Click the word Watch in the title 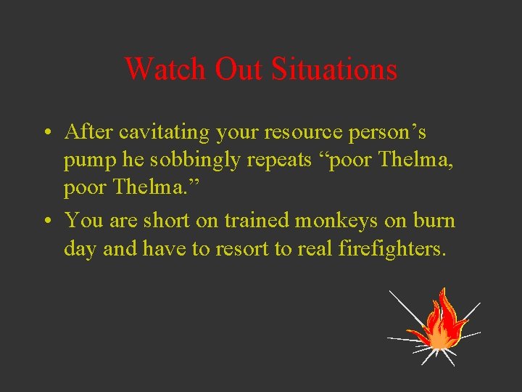pos(166,70)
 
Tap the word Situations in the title pos(334,70)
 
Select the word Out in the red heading pos(240,70)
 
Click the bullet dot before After pos(46,134)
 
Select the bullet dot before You pos(46,220)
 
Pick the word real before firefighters pos(316,248)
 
